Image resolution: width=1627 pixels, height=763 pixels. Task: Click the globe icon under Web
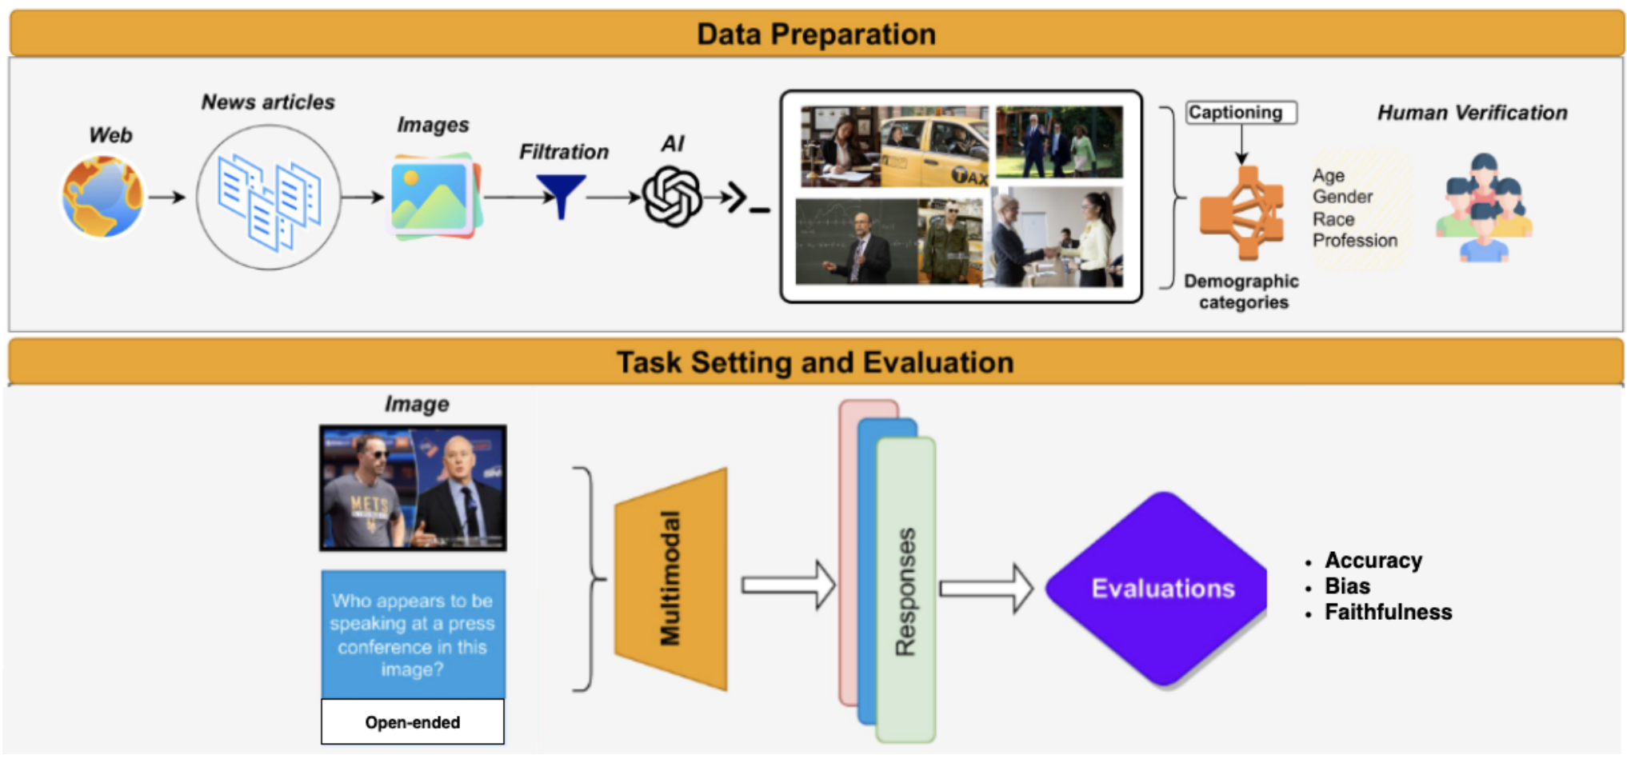pyautogui.click(x=103, y=197)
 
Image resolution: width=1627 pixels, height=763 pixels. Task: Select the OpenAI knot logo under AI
pyautogui.click(x=673, y=197)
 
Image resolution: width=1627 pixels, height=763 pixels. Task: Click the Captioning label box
pyautogui.click(x=1241, y=113)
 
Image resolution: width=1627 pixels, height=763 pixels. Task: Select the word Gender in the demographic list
pyautogui.click(x=1342, y=197)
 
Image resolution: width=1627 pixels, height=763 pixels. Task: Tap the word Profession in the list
pyautogui.click(x=1355, y=241)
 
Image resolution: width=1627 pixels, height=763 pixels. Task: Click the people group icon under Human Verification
pyautogui.click(x=1484, y=208)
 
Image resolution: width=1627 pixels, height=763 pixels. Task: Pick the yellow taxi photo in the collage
pyautogui.click(x=934, y=146)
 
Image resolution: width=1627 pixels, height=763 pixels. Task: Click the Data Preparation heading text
pyautogui.click(x=816, y=34)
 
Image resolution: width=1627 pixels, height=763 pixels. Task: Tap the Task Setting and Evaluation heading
pyautogui.click(x=815, y=362)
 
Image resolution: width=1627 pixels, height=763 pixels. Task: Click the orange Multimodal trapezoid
pyautogui.click(x=671, y=579)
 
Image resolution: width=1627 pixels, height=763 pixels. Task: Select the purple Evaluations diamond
pyautogui.click(x=1163, y=589)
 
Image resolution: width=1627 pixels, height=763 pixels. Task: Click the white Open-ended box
pyautogui.click(x=413, y=722)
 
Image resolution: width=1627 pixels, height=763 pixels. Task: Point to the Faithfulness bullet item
pyautogui.click(x=1388, y=612)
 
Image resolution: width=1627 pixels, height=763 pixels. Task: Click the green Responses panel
pyautogui.click(x=905, y=590)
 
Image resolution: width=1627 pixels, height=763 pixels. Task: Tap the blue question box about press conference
pyautogui.click(x=413, y=634)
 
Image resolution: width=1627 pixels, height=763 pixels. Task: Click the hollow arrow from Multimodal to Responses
pyautogui.click(x=789, y=585)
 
